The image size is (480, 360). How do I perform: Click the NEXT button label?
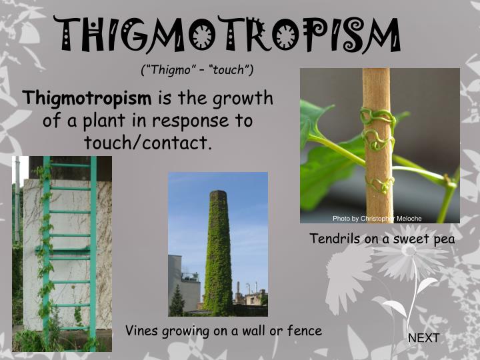(x=423, y=338)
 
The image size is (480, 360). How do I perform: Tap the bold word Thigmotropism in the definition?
(x=87, y=99)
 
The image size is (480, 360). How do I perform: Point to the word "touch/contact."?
(x=147, y=142)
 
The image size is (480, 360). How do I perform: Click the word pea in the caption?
(x=441, y=239)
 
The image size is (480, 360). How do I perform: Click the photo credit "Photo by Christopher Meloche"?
(x=377, y=219)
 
